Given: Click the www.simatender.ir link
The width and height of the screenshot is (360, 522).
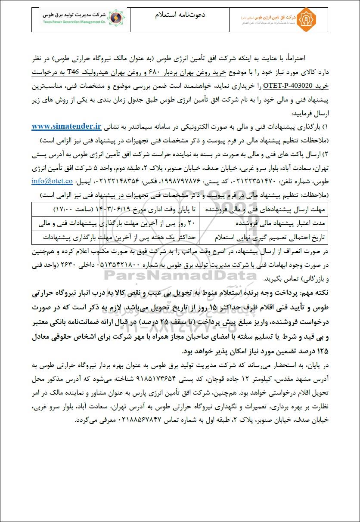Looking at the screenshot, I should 66,127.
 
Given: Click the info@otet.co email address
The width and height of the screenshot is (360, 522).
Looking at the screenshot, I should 52,181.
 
